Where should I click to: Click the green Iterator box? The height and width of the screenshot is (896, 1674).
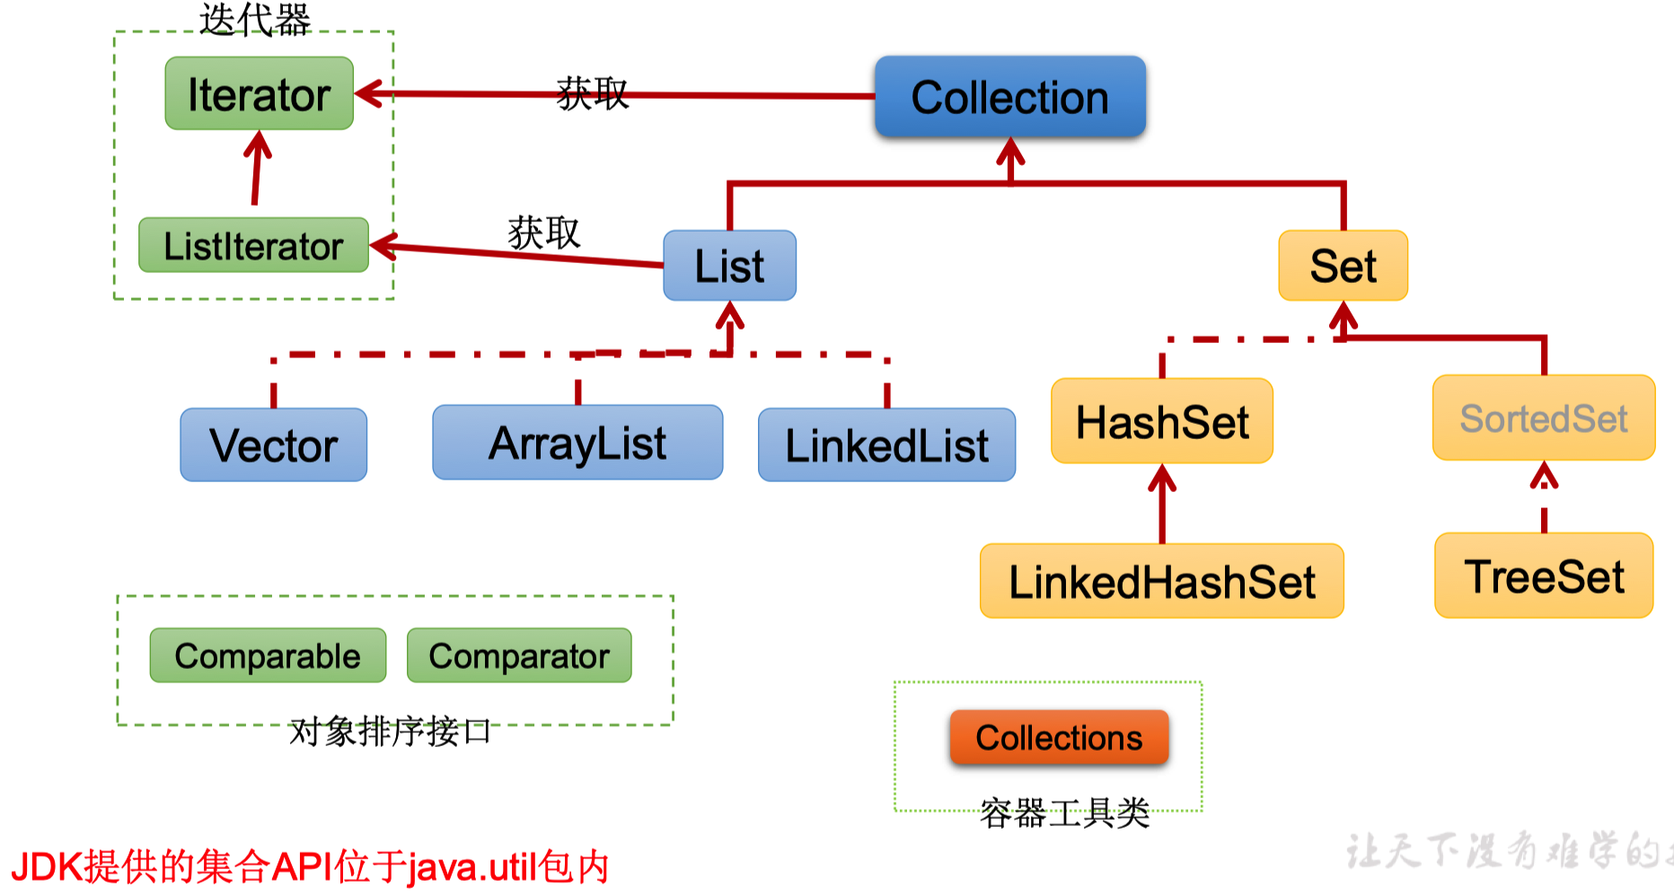click(x=259, y=93)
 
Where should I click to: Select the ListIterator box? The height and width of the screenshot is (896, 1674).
click(x=253, y=245)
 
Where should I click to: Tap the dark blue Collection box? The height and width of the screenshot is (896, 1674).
click(x=1009, y=97)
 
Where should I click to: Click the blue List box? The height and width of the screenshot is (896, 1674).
click(x=729, y=266)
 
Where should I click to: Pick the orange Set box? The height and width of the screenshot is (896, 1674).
click(x=1343, y=266)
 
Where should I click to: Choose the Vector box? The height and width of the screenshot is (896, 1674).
click(x=273, y=445)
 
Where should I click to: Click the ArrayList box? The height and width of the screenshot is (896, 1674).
click(x=577, y=443)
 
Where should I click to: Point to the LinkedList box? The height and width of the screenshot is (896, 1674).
click(x=886, y=445)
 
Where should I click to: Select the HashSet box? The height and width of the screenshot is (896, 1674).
click(x=1162, y=421)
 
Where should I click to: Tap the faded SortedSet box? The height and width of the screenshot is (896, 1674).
click(x=1544, y=418)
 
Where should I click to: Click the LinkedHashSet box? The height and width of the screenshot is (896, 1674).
click(x=1162, y=582)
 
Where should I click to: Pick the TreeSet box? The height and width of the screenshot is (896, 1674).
click(x=1544, y=576)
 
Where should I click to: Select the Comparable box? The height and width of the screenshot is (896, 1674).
click(x=268, y=655)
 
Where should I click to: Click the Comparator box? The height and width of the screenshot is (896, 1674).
click(x=519, y=655)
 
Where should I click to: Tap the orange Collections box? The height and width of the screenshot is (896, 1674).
click(x=1059, y=737)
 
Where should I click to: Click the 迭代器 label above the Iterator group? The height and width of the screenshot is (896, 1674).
click(x=254, y=20)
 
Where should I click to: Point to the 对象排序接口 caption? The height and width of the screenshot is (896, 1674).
click(x=390, y=732)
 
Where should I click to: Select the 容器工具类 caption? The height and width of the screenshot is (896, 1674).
click(x=1064, y=813)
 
